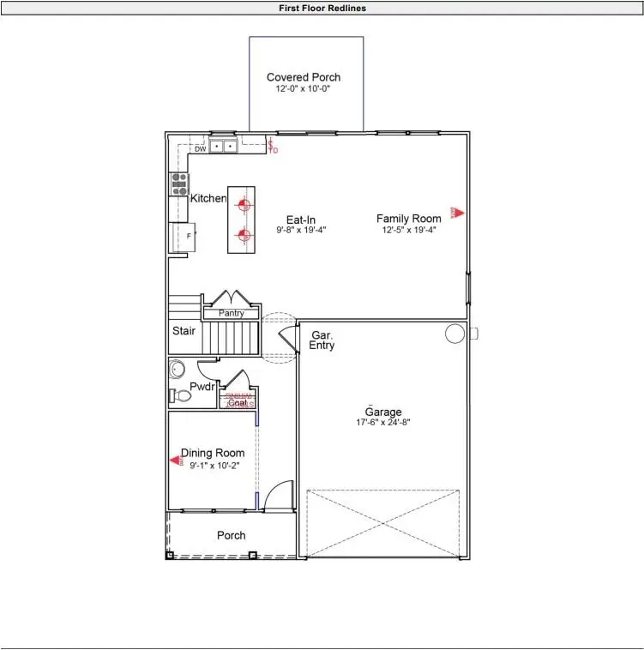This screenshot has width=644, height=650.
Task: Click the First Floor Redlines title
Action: (x=322, y=8)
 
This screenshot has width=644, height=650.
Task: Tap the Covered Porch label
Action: (x=303, y=77)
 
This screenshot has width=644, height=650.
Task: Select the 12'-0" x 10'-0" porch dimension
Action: (x=303, y=88)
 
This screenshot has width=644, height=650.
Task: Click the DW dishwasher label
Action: (x=200, y=148)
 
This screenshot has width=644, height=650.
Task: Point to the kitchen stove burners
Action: (x=180, y=183)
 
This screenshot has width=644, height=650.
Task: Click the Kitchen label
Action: (x=208, y=198)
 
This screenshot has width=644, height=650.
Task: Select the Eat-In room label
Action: (x=301, y=220)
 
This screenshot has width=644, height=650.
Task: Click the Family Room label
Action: (x=408, y=219)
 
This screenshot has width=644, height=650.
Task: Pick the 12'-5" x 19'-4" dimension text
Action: (x=408, y=230)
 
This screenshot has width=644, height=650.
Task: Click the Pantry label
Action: (x=231, y=313)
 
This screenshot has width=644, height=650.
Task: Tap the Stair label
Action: (x=184, y=330)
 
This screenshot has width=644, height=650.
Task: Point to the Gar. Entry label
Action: (x=322, y=340)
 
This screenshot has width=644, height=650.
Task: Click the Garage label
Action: (x=383, y=412)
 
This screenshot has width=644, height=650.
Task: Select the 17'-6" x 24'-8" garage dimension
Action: (x=383, y=423)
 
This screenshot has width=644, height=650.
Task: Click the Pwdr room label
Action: (x=202, y=387)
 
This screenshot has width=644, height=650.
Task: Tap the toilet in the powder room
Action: (x=182, y=395)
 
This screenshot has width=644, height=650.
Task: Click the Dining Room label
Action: (x=212, y=453)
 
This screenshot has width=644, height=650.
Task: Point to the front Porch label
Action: (x=231, y=535)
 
